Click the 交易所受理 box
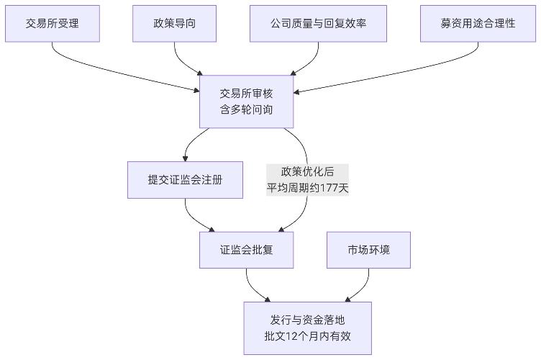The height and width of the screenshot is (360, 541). click(x=52, y=24)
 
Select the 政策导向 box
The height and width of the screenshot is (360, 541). click(x=175, y=24)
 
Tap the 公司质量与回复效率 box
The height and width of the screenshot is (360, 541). click(x=318, y=24)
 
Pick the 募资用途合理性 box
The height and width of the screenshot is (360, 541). click(x=478, y=24)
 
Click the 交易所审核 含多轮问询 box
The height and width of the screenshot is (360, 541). click(x=247, y=101)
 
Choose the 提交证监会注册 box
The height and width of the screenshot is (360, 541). click(x=185, y=180)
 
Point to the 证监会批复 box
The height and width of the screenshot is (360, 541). click(x=247, y=250)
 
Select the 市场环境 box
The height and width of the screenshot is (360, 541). click(x=368, y=250)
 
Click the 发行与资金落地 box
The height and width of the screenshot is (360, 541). click(x=307, y=328)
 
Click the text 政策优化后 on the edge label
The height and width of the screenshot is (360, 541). click(x=307, y=171)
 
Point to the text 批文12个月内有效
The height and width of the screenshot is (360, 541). click(x=307, y=336)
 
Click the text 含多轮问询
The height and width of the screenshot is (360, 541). click(x=247, y=109)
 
